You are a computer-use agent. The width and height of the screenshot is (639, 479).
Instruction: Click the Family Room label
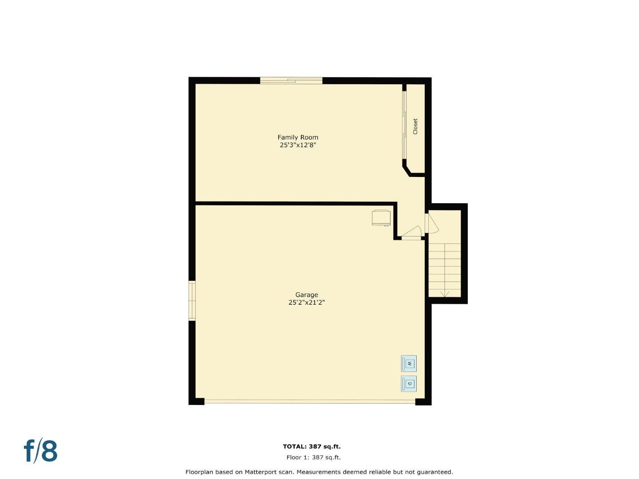(x=298, y=137)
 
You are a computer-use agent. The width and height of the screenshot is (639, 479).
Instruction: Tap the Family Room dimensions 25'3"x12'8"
(x=298, y=145)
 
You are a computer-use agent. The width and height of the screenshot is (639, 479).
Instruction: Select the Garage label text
(x=307, y=295)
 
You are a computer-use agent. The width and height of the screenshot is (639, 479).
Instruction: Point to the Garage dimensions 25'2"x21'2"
(x=307, y=302)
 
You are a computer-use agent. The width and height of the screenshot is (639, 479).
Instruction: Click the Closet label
(x=415, y=126)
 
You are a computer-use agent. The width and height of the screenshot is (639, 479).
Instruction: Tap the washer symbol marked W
(x=409, y=364)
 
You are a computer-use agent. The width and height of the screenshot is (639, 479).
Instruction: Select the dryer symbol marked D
(x=409, y=384)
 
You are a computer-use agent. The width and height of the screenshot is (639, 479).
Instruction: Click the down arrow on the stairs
(x=445, y=293)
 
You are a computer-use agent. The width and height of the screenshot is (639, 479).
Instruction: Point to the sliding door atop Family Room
(x=291, y=81)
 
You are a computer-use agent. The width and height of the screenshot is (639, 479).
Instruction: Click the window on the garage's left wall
(x=192, y=301)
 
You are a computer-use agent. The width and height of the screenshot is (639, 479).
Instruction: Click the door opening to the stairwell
(x=431, y=224)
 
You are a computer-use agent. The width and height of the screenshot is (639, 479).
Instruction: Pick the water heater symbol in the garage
(x=381, y=218)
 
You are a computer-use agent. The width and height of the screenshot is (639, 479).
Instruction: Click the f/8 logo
(x=40, y=451)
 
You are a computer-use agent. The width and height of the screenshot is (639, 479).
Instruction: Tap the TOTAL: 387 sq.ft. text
(x=312, y=447)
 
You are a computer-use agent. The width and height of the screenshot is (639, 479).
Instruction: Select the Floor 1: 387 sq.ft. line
(x=314, y=457)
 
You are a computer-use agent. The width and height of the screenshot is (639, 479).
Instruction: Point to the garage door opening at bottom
(x=310, y=402)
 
